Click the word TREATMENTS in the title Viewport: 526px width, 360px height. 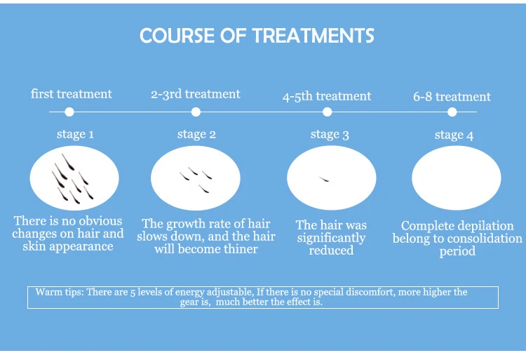pos(313,36)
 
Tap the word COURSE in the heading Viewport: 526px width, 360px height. pos(177,36)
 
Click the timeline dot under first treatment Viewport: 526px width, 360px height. pos(69,112)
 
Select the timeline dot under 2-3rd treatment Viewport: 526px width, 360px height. pos(196,112)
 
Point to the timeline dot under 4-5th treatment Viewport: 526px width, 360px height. pos(327,112)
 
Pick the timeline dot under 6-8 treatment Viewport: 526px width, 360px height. pos(452,112)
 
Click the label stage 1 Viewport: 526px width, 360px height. pos(75,134)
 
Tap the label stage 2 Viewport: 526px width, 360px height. pos(196,134)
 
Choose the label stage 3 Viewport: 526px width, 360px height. pos(330,135)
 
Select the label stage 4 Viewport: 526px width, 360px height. pos(454,135)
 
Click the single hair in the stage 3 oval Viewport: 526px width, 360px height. pos(324,180)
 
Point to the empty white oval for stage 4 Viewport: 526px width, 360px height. pos(457,178)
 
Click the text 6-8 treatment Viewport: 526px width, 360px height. pos(452,97)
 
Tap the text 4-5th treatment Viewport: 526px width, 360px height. pos(327,96)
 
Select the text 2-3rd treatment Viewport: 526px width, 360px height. pos(196,94)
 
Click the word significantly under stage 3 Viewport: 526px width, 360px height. pos(331,238)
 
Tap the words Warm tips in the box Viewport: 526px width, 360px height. pos(59,292)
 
